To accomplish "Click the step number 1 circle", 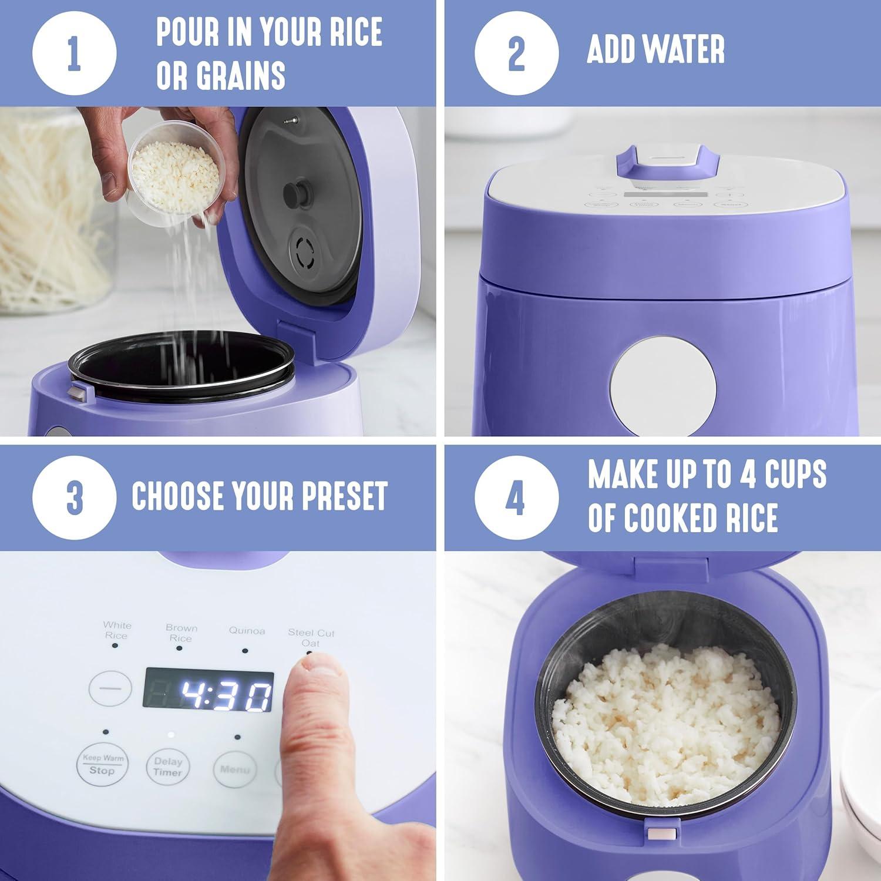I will coord(74,53).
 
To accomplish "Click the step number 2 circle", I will coord(516,53).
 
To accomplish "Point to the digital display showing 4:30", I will coord(209,697).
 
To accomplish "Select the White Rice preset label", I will coord(117,630).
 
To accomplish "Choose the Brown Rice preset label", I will coord(181,633).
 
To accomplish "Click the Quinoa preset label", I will coord(247,631).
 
